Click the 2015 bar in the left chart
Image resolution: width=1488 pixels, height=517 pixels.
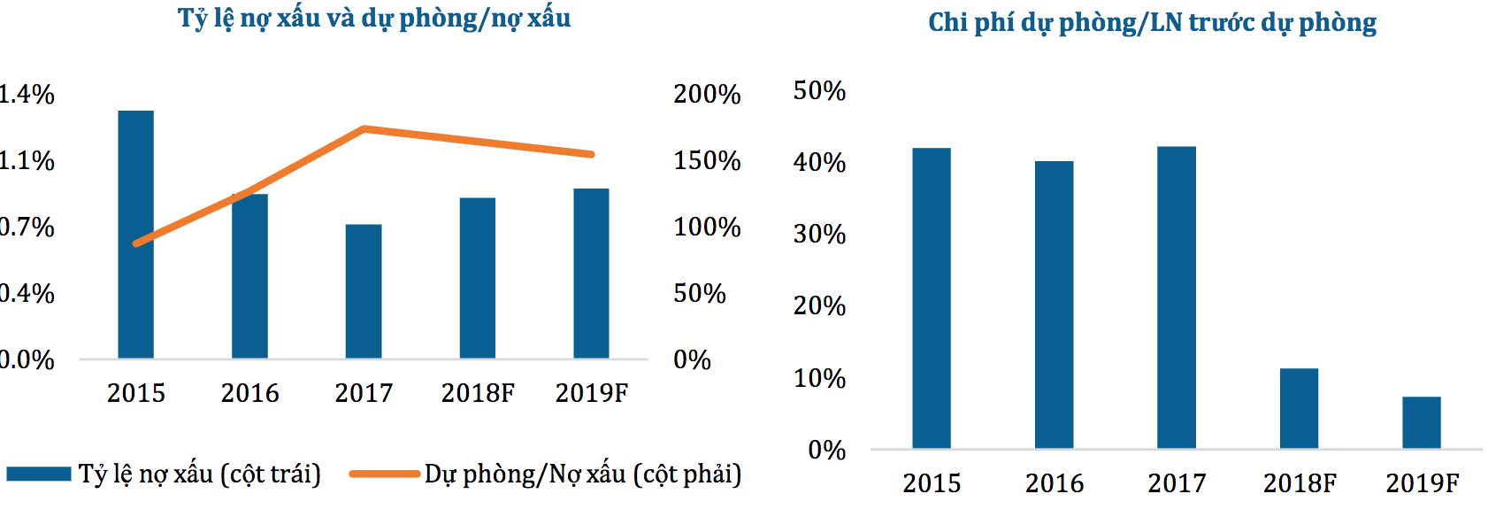135,235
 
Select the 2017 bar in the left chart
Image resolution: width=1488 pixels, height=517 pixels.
364,291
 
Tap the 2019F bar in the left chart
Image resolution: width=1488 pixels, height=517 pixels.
591,274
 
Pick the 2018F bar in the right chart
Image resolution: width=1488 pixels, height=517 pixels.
1299,408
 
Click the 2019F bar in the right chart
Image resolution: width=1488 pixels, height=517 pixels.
1421,422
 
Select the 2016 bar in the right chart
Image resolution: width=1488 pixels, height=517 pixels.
1054,305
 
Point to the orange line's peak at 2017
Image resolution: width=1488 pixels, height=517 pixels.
364,129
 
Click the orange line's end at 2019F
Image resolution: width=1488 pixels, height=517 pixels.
591,154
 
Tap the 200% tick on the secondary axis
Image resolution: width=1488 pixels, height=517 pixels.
707,94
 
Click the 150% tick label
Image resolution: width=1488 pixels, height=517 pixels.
707,160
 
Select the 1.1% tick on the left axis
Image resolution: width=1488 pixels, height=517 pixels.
27,160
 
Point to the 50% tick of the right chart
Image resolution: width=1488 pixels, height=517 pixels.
819,90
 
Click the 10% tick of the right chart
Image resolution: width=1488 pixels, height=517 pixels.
819,378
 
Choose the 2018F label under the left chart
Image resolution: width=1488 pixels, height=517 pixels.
478,393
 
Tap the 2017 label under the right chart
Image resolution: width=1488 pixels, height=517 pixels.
1177,483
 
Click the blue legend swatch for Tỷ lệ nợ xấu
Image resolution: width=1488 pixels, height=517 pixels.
39,475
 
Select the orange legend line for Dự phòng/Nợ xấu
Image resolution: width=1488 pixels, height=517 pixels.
384,475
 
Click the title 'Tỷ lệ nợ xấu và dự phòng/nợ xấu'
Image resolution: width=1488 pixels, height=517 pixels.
374,19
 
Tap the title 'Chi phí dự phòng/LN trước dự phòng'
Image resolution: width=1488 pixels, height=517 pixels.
1152,22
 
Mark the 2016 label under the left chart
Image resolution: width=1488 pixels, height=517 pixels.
249,393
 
